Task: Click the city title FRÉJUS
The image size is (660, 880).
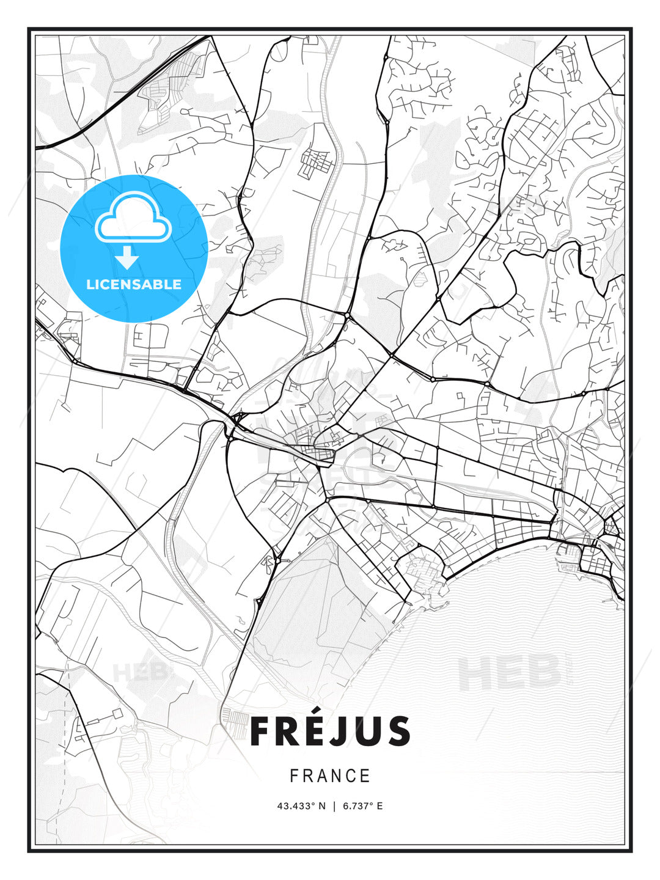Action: pyautogui.click(x=330, y=732)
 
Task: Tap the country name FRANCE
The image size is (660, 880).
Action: pyautogui.click(x=330, y=776)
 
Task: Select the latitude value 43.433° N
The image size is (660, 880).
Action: pyautogui.click(x=301, y=806)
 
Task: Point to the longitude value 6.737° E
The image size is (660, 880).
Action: pyautogui.click(x=362, y=806)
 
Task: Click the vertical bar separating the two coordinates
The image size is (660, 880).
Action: pyautogui.click(x=334, y=806)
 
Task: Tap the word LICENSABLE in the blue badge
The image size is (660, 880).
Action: pyautogui.click(x=134, y=284)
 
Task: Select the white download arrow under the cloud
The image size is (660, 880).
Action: pyautogui.click(x=127, y=258)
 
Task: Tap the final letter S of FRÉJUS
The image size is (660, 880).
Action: pyautogui.click(x=398, y=732)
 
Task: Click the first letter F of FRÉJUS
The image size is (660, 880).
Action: pyautogui.click(x=261, y=732)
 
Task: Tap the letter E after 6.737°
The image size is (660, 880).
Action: pyautogui.click(x=380, y=806)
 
